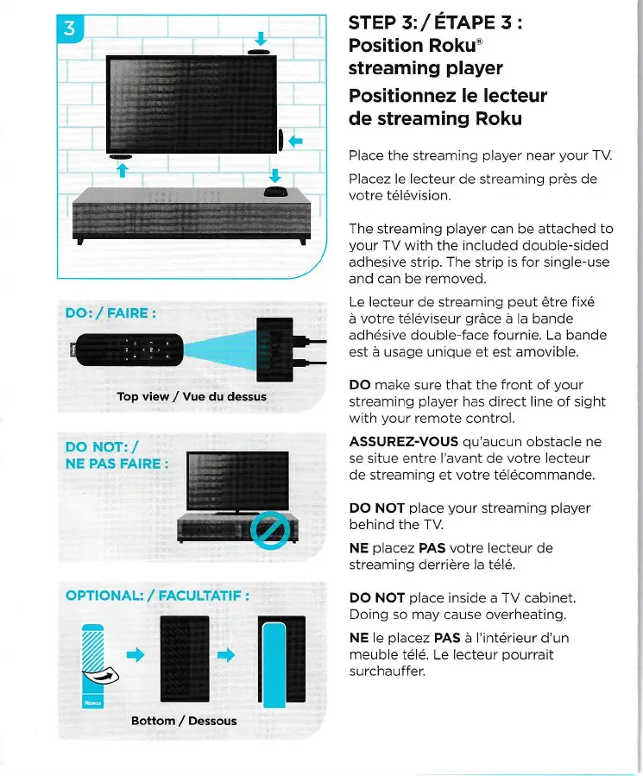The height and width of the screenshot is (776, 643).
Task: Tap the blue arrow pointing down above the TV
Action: [261, 38]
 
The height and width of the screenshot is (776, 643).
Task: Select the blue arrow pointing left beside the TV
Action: [296, 140]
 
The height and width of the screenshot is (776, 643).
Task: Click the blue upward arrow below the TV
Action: [121, 170]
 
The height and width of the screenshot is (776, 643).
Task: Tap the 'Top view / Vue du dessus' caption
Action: [192, 397]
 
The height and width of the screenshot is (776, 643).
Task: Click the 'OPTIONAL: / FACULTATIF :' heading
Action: [158, 595]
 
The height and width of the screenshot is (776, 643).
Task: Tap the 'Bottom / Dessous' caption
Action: [183, 720]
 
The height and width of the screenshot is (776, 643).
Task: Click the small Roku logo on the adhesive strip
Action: [93, 703]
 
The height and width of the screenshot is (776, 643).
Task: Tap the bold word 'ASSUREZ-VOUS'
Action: [403, 441]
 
